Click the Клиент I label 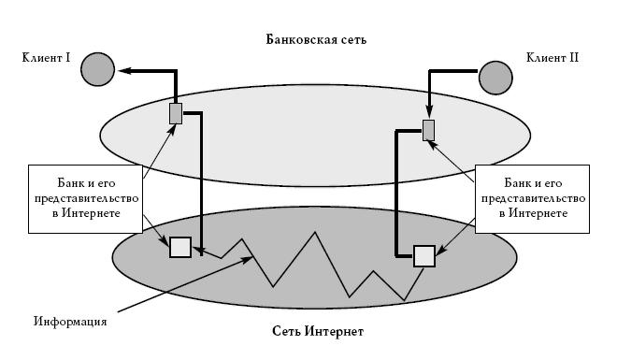pos(46,58)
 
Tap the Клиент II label pos(552,58)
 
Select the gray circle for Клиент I pos(97,69)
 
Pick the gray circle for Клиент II pos(495,78)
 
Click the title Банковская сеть pos(316,39)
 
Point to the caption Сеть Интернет pos(318,331)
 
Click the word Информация pos(70,322)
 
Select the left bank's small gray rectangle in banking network pos(176,113)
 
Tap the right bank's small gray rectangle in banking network pos(429,130)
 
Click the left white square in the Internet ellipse pos(180,247)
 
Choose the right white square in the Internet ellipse pos(424,256)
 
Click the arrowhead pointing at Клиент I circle pos(124,70)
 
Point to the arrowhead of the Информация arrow pos(248,259)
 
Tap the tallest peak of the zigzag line pos(315,232)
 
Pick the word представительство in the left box pos(87,198)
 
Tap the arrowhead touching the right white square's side pos(440,251)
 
